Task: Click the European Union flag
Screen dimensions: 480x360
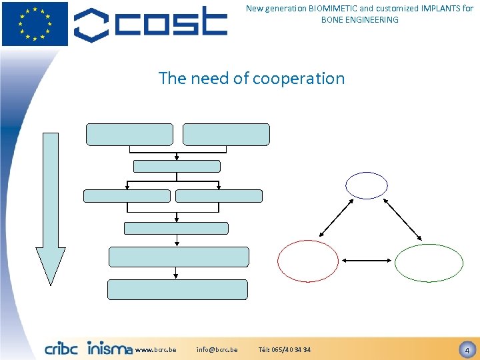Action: coord(35,23)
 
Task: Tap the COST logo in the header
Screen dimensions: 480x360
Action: coord(150,24)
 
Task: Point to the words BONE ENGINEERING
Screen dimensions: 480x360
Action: coord(359,20)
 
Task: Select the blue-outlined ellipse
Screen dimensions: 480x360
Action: coord(366,185)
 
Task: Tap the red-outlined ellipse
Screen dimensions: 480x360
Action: coord(308,260)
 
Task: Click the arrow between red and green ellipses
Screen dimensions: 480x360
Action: coord(368,260)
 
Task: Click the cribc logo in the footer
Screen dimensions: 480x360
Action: coord(61,349)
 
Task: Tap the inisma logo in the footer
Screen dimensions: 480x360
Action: coord(109,349)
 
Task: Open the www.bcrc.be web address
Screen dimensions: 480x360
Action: coord(155,350)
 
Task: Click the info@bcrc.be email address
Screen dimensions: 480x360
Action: coord(217,350)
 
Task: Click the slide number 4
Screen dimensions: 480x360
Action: coord(467,349)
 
